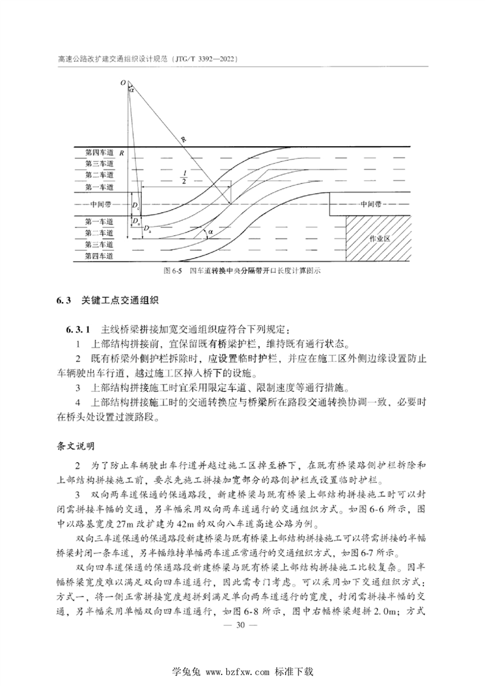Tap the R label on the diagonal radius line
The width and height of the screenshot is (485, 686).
[x=183, y=140]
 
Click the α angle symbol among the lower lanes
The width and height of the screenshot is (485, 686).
[x=210, y=233]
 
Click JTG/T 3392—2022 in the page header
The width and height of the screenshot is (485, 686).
[x=202, y=60]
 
